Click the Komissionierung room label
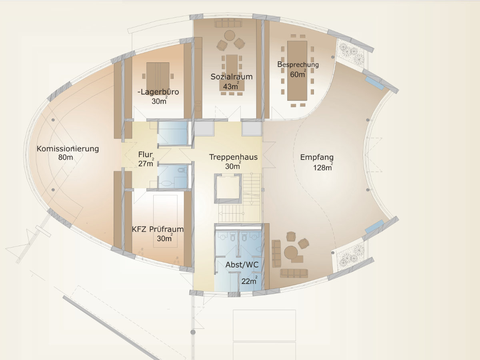tap(68, 149)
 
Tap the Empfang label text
tap(317, 157)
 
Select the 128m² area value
tap(323, 167)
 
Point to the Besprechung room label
tap(298, 64)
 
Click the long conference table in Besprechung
tap(297, 71)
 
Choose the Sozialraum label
tap(232, 77)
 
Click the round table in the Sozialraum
tap(230, 36)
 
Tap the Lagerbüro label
tap(158, 92)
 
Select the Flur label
tap(145, 154)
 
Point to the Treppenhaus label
tap(233, 157)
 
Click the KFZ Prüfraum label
tap(158, 229)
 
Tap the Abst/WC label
tap(242, 265)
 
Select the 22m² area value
tap(249, 281)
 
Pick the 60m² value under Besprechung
tap(298, 74)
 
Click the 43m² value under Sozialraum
tap(231, 86)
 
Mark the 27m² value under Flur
tap(146, 163)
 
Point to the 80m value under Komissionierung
tap(66, 157)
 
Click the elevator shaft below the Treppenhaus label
tap(228, 189)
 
